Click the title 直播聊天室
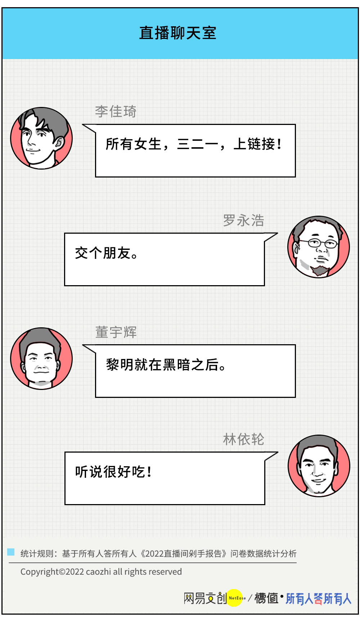tap(177, 33)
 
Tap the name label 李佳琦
tap(116, 111)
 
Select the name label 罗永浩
tap(244, 220)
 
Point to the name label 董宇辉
tap(116, 332)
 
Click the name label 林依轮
tap(244, 439)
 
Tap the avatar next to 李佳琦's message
tap(41, 138)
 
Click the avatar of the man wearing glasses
tap(319, 247)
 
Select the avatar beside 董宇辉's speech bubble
tap(41, 359)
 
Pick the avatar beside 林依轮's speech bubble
tap(319, 466)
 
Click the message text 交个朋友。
tap(106, 253)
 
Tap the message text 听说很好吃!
tap(113, 472)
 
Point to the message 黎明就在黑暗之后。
tap(166, 365)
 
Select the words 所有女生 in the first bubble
tap(134, 144)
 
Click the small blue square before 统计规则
tap(11, 552)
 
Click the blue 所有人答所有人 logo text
tap(318, 598)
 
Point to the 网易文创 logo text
tap(205, 598)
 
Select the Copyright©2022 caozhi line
tap(101, 572)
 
